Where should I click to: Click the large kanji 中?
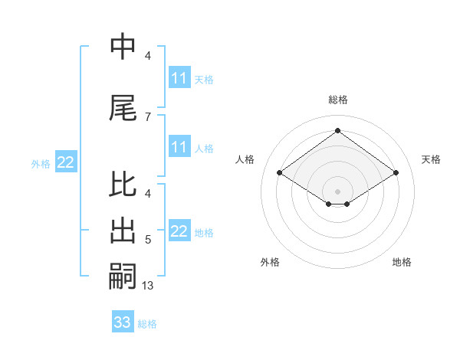pyautogui.click(x=123, y=47)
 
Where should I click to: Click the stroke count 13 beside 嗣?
pyautogui.click(x=148, y=286)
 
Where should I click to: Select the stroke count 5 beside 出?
pyautogui.click(x=148, y=241)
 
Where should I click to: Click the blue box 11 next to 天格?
pyautogui.click(x=179, y=78)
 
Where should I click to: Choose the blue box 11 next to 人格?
pyautogui.click(x=179, y=147)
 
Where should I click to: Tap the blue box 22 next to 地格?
pyautogui.click(x=179, y=231)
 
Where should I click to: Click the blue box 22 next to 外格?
pyautogui.click(x=66, y=162)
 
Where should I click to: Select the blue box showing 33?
pyautogui.click(x=123, y=322)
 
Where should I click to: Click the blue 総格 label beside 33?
pyautogui.click(x=147, y=324)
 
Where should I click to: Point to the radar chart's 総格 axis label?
pyautogui.click(x=337, y=100)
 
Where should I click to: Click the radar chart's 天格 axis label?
pyautogui.click(x=431, y=159)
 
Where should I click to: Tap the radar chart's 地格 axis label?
pyautogui.click(x=402, y=262)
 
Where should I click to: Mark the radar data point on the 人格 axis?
pyautogui.click(x=280, y=173)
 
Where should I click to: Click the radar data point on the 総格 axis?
pyautogui.click(x=337, y=131)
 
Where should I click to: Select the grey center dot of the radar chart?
pyautogui.click(x=337, y=190)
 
